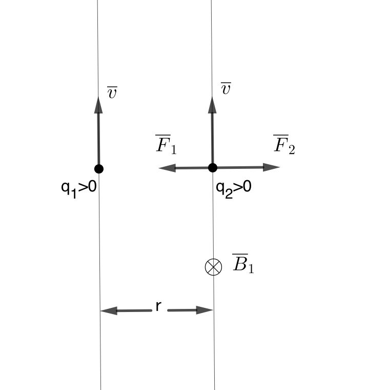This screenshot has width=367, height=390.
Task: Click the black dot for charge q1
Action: pyautogui.click(x=99, y=168)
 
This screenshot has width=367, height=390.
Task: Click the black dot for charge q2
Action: pyautogui.click(x=213, y=167)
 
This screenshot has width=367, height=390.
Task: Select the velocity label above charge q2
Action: pyautogui.click(x=226, y=88)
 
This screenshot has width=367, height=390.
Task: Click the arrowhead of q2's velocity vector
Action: pyautogui.click(x=213, y=103)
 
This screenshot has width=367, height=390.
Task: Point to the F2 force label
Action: pyautogui.click(x=284, y=145)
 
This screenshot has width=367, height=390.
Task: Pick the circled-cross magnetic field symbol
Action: pyautogui.click(x=213, y=267)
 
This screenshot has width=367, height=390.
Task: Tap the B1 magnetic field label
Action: pyautogui.click(x=242, y=263)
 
